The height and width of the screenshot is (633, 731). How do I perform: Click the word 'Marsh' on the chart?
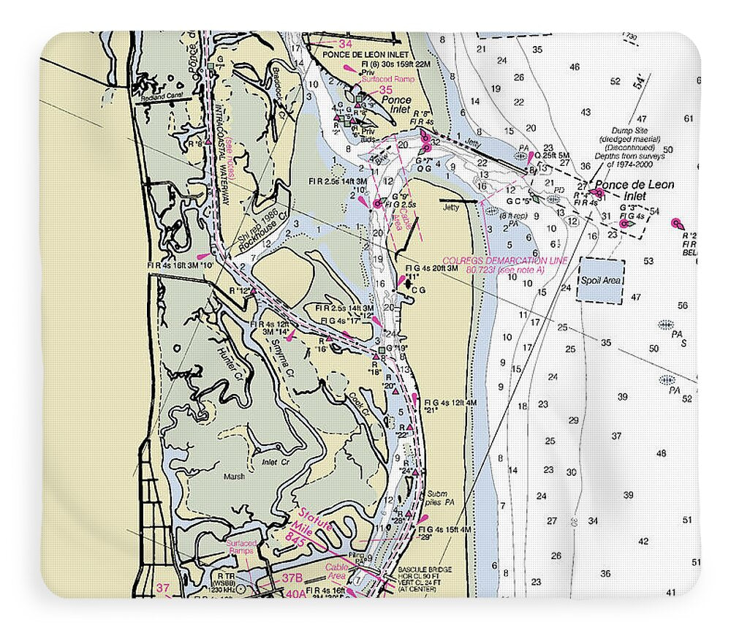pos(234,477)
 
